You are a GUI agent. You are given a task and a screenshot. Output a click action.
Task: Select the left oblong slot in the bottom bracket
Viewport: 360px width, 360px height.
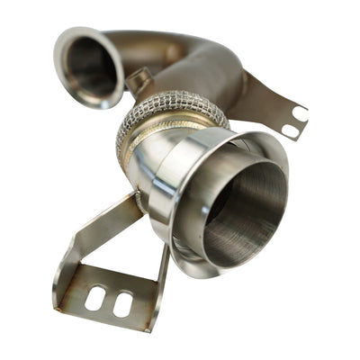tap(94, 298)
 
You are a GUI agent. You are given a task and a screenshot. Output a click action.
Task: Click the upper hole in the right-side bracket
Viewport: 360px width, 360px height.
tap(299, 114)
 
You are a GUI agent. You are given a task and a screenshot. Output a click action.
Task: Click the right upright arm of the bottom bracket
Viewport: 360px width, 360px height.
tap(162, 279)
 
